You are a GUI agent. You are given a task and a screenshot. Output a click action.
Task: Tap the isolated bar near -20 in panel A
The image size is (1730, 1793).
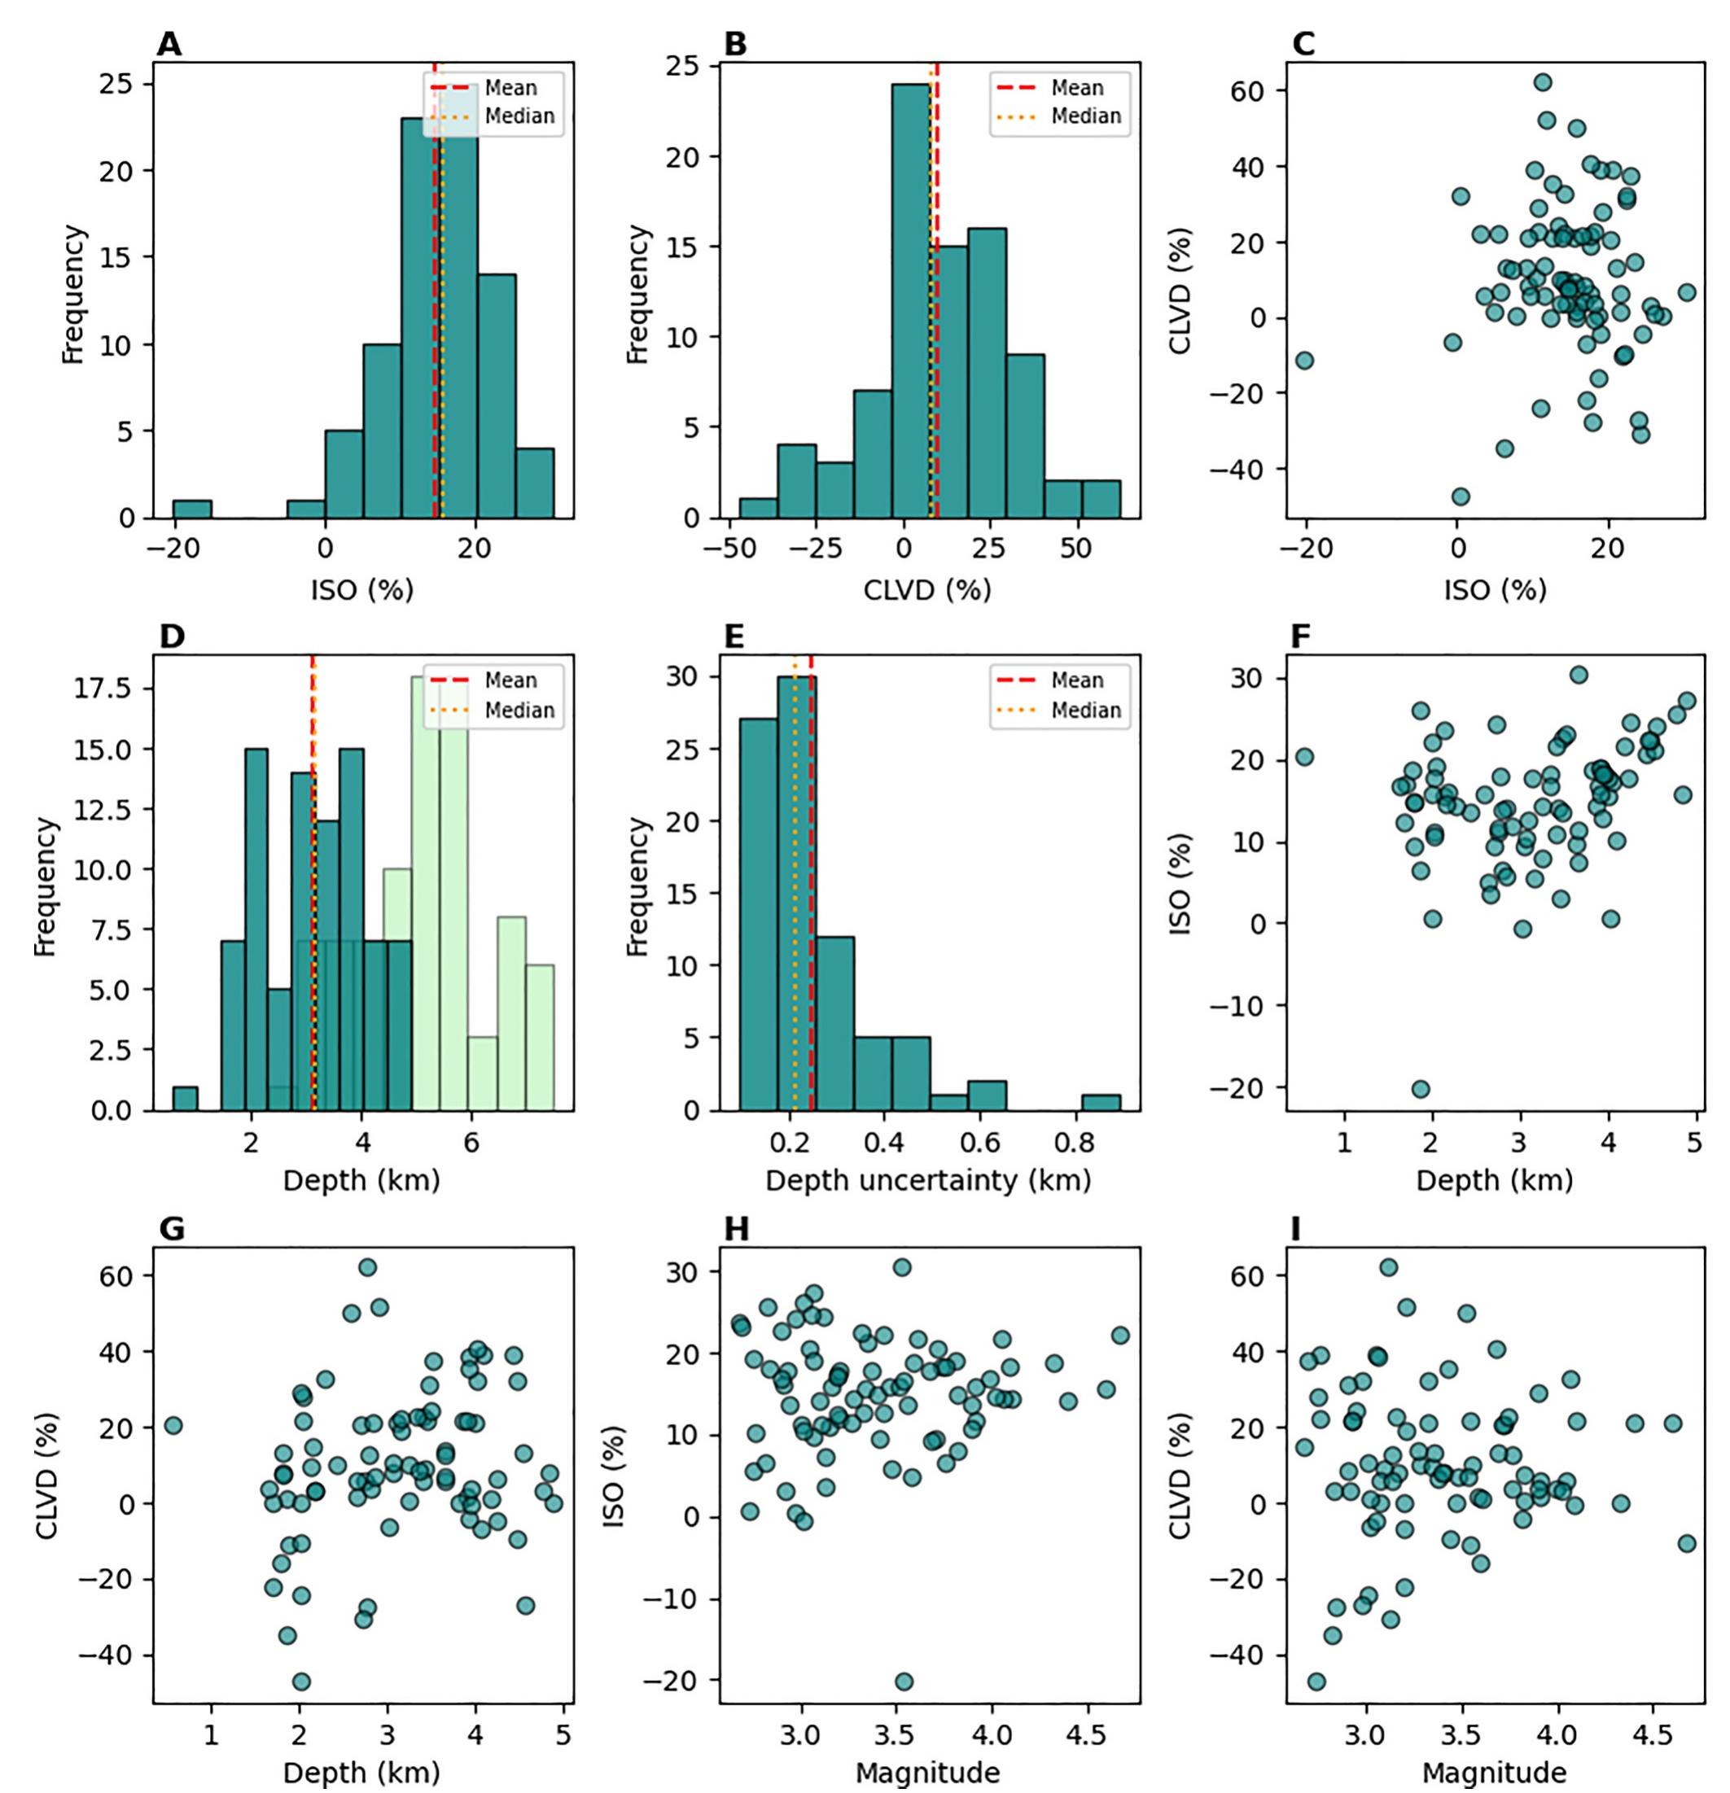tap(192, 509)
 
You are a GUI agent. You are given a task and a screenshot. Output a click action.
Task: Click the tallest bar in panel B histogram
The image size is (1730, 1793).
tap(911, 302)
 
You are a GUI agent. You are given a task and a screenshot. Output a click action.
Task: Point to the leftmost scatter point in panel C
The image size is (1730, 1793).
tap(1304, 361)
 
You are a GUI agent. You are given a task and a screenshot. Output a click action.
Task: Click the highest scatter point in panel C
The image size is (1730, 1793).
tap(1543, 82)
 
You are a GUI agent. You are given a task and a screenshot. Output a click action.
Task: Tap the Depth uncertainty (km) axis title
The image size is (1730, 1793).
tap(927, 1181)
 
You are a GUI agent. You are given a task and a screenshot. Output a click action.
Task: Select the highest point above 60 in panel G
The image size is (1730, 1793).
tap(367, 1267)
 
